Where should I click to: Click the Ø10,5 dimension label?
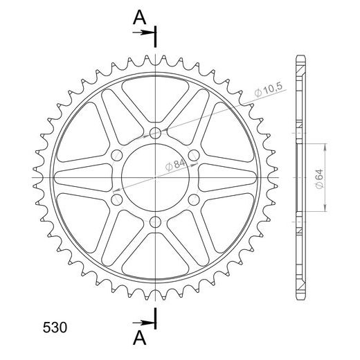(x=269, y=89)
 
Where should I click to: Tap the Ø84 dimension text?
(x=175, y=165)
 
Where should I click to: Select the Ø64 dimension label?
(x=319, y=179)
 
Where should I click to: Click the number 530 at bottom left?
(x=55, y=327)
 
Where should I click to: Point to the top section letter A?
(x=140, y=18)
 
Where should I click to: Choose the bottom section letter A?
(x=140, y=338)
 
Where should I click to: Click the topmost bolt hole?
(x=155, y=133)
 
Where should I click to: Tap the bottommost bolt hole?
(x=155, y=222)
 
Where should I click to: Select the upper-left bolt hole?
(x=117, y=155)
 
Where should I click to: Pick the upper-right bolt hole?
(x=194, y=155)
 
